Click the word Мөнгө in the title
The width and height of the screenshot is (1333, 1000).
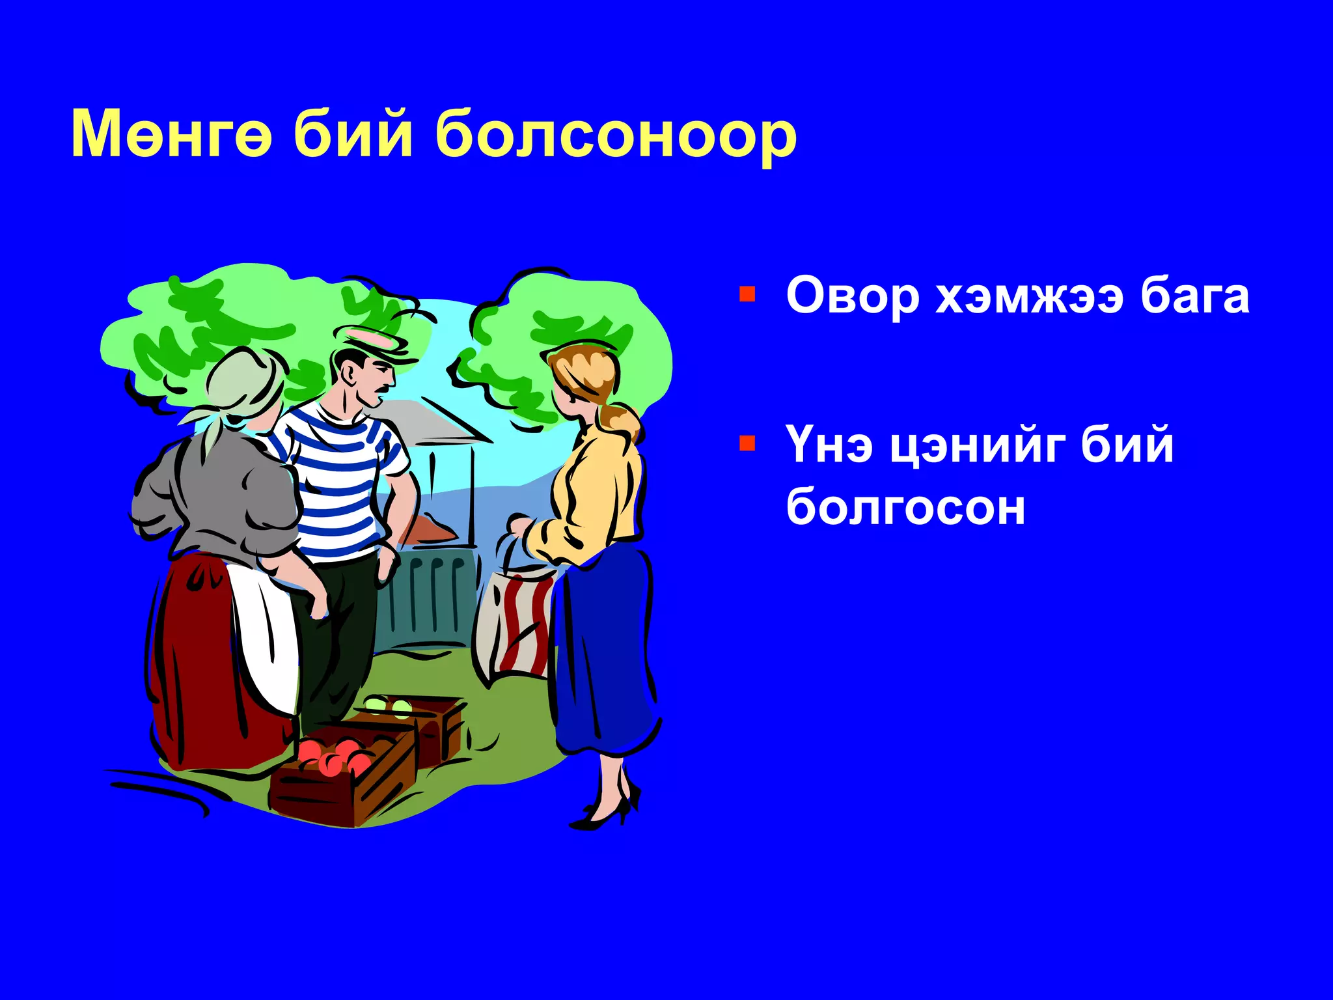pos(171,134)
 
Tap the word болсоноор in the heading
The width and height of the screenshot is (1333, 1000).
pos(615,137)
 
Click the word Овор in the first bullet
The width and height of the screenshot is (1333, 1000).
pos(852,296)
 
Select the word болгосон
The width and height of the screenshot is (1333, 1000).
pos(905,507)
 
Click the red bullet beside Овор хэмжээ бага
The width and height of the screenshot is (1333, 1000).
pos(747,294)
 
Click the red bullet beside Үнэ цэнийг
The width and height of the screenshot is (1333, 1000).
pos(747,444)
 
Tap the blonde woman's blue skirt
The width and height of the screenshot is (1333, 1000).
pos(602,651)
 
